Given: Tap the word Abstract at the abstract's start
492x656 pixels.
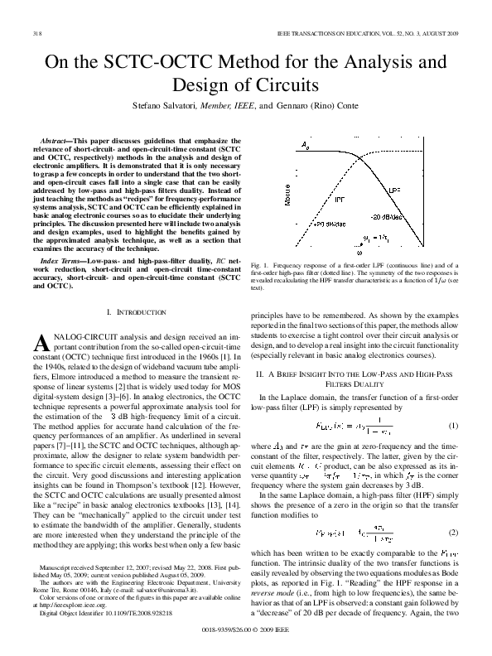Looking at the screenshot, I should [56, 141].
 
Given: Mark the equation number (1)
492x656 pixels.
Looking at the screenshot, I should [452, 426].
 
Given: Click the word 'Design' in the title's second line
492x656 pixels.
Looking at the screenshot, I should [203, 85].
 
